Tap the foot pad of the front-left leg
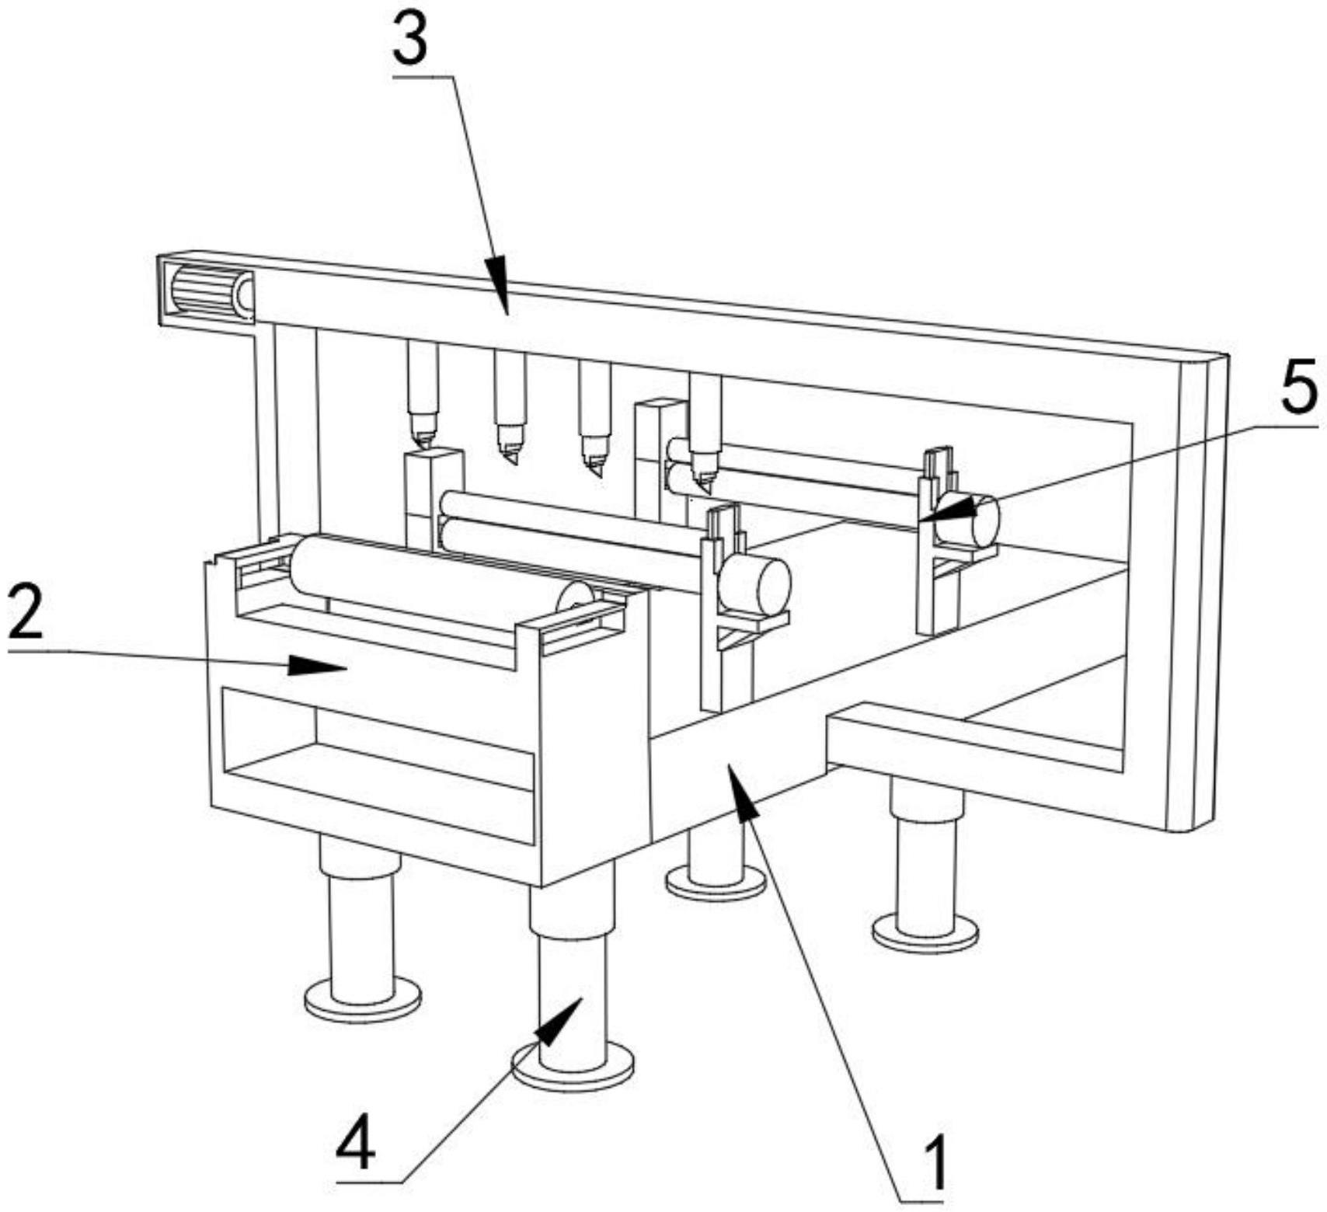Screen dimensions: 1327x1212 point(363,999)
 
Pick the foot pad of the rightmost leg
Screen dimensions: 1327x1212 point(925,932)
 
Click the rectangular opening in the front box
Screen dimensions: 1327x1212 point(379,764)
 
